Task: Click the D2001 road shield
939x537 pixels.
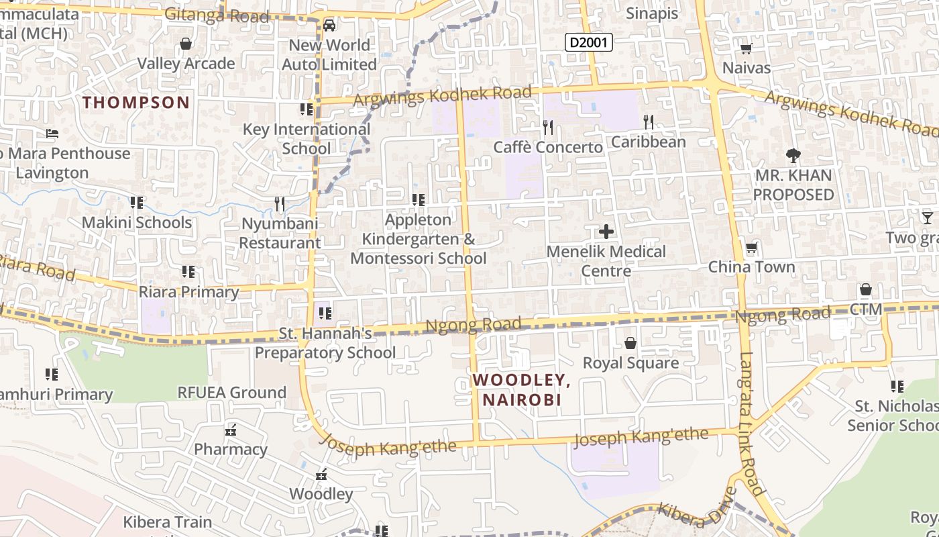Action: tap(589, 43)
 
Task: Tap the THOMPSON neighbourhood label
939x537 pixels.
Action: tap(136, 103)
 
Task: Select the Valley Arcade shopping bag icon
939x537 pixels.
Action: tap(186, 44)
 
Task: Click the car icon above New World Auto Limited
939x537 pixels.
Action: tap(329, 26)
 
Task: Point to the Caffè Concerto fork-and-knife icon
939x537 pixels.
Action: tap(548, 127)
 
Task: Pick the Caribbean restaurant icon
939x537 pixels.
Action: tap(648, 121)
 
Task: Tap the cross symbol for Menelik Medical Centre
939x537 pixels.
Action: tap(606, 232)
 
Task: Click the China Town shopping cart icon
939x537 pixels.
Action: tap(751, 248)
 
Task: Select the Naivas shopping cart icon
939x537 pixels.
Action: tap(746, 48)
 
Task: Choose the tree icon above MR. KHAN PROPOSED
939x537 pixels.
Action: tap(793, 156)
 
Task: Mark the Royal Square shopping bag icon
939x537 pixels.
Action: tap(630, 344)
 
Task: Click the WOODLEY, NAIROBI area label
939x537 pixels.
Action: tap(521, 390)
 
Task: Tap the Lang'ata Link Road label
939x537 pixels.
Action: tap(753, 423)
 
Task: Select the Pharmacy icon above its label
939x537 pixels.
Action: tap(231, 430)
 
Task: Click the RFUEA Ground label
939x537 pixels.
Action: tap(231, 393)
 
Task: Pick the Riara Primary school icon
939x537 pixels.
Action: tap(188, 272)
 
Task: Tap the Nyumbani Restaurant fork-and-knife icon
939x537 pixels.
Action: tap(280, 203)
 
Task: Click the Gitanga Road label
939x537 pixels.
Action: tap(216, 15)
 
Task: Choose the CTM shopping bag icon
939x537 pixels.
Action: tap(866, 290)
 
